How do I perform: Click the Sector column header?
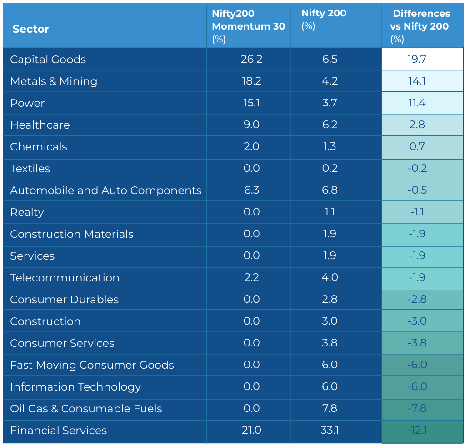pyautogui.click(x=30, y=29)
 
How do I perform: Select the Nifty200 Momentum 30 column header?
pyautogui.click(x=249, y=26)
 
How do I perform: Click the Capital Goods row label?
pyautogui.click(x=48, y=59)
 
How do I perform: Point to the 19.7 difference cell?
pyautogui.click(x=417, y=59)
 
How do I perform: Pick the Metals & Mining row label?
pyautogui.click(x=54, y=81)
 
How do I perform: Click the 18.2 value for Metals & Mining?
pyautogui.click(x=251, y=81)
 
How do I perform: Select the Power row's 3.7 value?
pyautogui.click(x=330, y=103)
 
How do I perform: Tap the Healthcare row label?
pyautogui.click(x=40, y=125)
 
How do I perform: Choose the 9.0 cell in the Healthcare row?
pyautogui.click(x=251, y=125)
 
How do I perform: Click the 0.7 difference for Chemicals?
pyautogui.click(x=417, y=146)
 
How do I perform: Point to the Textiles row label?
pyautogui.click(x=30, y=168)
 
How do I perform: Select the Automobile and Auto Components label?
pyautogui.click(x=105, y=190)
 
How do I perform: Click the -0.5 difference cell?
pyautogui.click(x=417, y=190)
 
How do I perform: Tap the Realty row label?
pyautogui.click(x=27, y=212)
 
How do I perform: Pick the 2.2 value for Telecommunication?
pyautogui.click(x=251, y=277)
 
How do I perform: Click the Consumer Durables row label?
pyautogui.click(x=65, y=300)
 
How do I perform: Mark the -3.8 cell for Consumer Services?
pyautogui.click(x=417, y=343)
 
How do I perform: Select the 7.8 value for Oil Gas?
pyautogui.click(x=330, y=408)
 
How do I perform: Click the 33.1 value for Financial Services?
pyautogui.click(x=330, y=430)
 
